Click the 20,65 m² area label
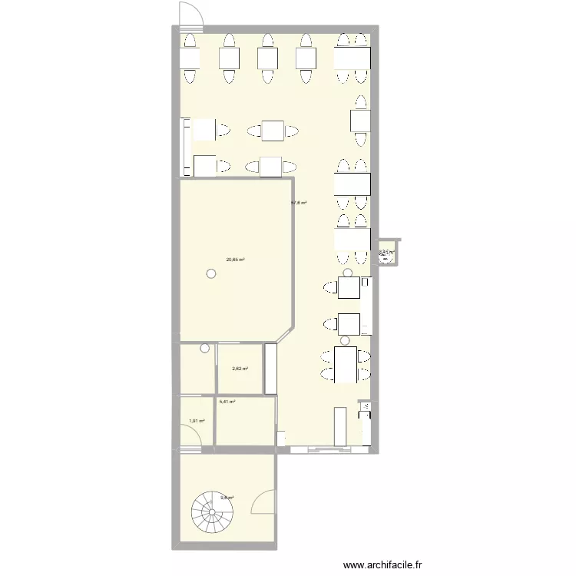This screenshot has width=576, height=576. pyautogui.click(x=235, y=260)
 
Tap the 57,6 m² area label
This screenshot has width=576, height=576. pyautogui.click(x=299, y=203)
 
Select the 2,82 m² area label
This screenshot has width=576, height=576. pyautogui.click(x=239, y=369)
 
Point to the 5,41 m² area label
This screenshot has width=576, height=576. pyautogui.click(x=227, y=402)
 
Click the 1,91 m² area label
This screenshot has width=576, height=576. pyautogui.click(x=197, y=421)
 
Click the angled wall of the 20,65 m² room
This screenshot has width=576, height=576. pyautogui.click(x=284, y=334)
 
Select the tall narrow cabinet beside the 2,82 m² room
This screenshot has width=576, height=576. pyautogui.click(x=270, y=369)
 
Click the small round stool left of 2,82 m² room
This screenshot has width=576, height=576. pyautogui.click(x=204, y=349)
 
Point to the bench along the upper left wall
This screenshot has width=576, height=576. pyautogui.click(x=184, y=146)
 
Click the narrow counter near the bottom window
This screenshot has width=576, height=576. pyautogui.click(x=339, y=426)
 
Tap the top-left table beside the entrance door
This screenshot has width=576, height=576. pyautogui.click(x=190, y=58)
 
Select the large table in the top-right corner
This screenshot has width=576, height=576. pyautogui.click(x=352, y=58)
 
